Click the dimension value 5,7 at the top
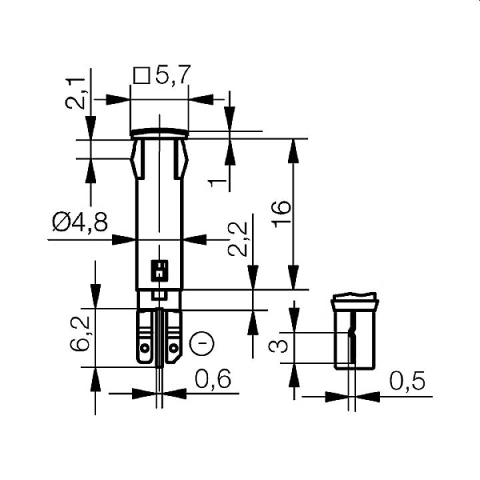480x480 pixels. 173,75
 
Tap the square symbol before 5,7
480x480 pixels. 141,76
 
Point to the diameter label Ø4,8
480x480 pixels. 79,222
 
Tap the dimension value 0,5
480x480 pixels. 407,381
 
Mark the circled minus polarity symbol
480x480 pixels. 203,344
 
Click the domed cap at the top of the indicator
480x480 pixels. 159,133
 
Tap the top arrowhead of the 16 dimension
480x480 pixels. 293,151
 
